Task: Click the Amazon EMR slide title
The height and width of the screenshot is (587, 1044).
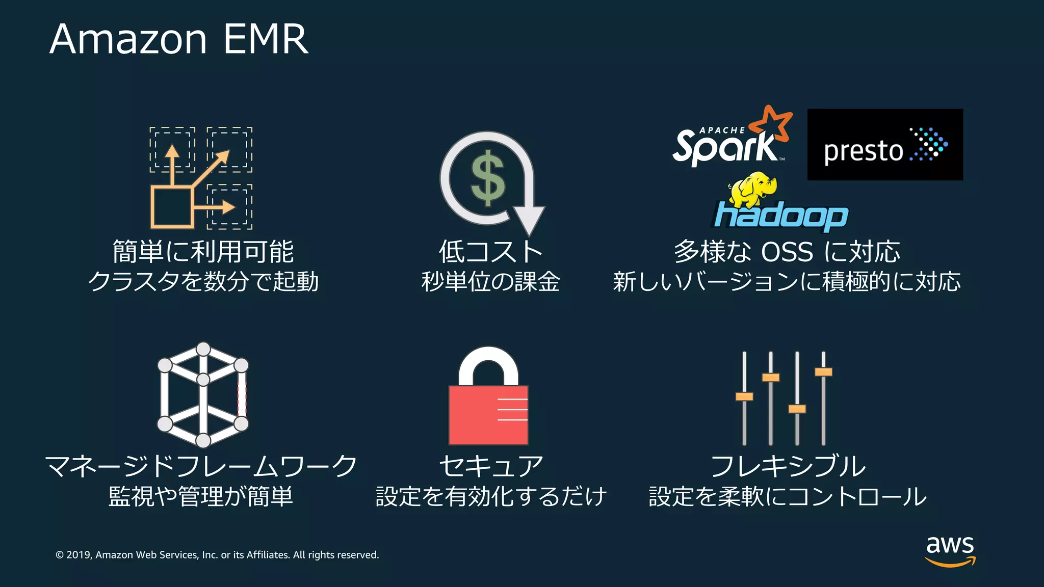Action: (179, 39)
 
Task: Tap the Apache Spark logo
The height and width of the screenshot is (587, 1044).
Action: (726, 146)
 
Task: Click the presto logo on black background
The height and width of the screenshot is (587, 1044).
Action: (885, 145)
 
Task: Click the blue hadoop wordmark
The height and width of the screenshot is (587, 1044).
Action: (780, 216)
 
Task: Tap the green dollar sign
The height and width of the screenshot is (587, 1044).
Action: (487, 178)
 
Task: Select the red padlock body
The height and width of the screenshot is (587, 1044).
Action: (488, 415)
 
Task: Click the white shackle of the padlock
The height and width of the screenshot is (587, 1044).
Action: (488, 363)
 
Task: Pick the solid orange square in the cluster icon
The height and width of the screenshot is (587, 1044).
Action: (172, 208)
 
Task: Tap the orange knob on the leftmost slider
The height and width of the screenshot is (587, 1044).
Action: (744, 396)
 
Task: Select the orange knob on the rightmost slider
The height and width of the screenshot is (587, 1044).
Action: (823, 372)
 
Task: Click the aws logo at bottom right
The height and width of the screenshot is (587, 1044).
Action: (950, 551)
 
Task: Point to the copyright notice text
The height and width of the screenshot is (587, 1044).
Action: (217, 555)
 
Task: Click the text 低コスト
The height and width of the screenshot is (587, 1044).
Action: (490, 252)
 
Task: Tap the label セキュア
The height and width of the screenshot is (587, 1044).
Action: (491, 466)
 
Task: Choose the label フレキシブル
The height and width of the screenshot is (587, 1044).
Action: (788, 466)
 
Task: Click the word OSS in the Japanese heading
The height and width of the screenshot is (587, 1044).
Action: (787, 252)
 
